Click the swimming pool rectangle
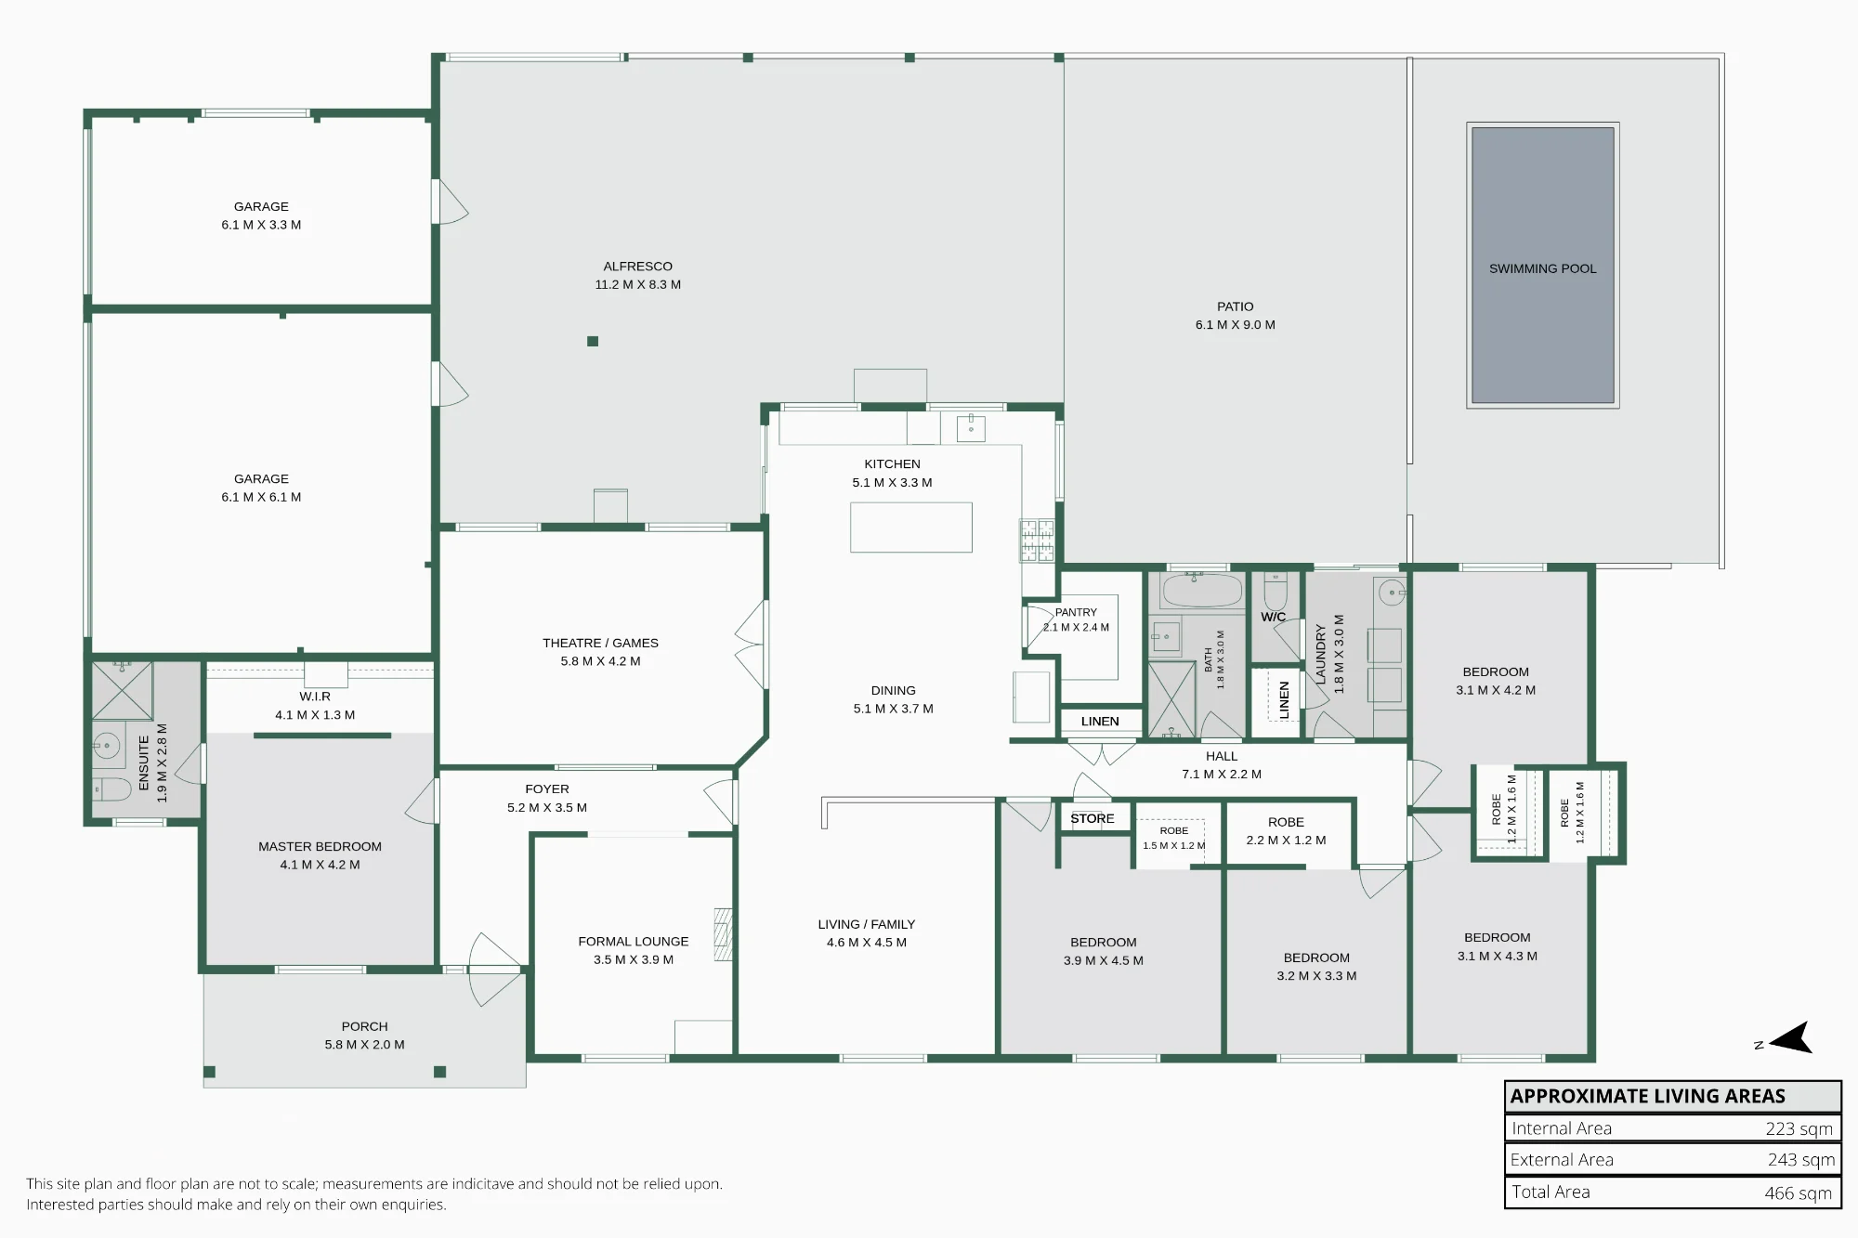(x=1543, y=266)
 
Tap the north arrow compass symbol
(x=1789, y=1037)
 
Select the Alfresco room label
(x=638, y=267)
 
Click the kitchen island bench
(x=911, y=528)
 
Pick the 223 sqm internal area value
(x=1799, y=1128)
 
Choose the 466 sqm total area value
(x=1799, y=1192)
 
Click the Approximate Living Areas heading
(x=1648, y=1096)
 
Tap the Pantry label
(x=1076, y=613)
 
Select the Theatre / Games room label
(x=600, y=643)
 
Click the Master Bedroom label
(x=320, y=846)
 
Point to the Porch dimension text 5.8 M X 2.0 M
(x=364, y=1045)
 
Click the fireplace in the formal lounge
(x=723, y=934)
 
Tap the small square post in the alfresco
(x=593, y=341)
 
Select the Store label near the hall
(x=1093, y=818)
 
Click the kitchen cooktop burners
(x=1038, y=541)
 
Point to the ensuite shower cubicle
(x=122, y=690)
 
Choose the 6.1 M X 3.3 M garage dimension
(x=261, y=225)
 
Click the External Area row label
(x=1562, y=1160)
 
